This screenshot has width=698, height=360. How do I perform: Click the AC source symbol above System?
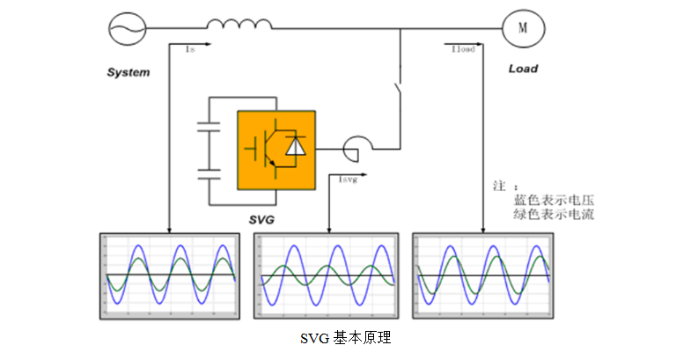(x=127, y=27)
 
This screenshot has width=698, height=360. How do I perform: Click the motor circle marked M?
(x=522, y=27)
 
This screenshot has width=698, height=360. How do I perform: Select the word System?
(x=128, y=71)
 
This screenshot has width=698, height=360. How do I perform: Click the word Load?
(x=523, y=69)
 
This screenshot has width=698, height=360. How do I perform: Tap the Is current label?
(x=189, y=50)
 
